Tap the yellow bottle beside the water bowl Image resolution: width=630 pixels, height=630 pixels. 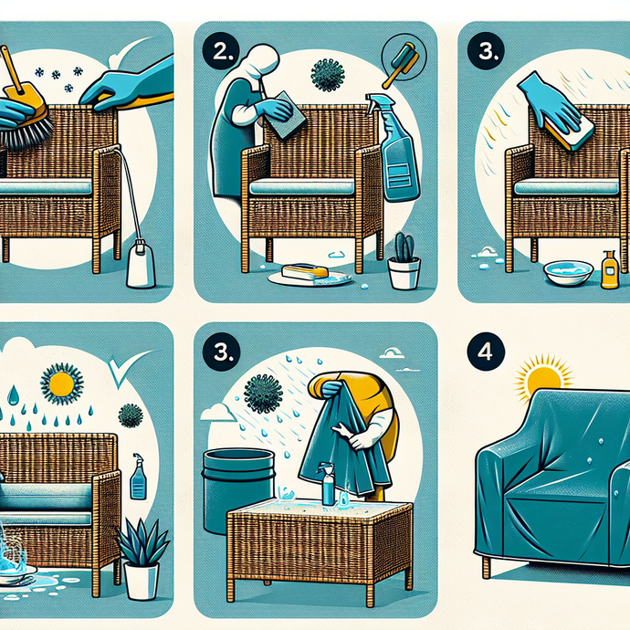click(609, 270)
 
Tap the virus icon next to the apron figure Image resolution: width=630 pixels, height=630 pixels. click(326, 76)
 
